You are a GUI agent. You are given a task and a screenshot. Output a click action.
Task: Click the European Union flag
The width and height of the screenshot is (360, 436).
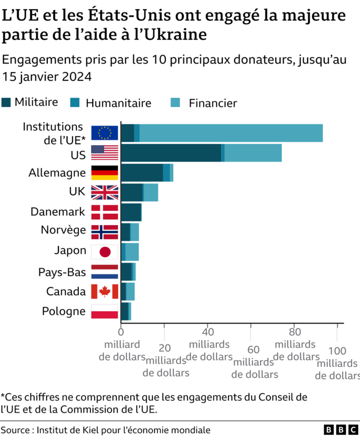(x=105, y=133)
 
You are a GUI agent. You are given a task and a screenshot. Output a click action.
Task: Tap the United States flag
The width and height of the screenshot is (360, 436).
(x=105, y=152)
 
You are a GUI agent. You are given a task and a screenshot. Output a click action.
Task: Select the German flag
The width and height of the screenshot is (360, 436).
(x=105, y=173)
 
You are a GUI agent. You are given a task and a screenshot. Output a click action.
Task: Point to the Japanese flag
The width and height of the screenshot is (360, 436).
(x=105, y=251)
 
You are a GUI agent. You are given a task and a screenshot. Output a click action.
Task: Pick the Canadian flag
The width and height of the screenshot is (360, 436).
(x=105, y=291)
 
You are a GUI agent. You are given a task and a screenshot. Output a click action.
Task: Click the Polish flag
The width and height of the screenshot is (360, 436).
(x=105, y=311)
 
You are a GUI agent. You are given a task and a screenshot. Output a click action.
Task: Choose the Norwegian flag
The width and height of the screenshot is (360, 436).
(x=105, y=232)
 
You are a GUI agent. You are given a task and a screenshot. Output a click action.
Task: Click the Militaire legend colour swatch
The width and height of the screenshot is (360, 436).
(x=7, y=102)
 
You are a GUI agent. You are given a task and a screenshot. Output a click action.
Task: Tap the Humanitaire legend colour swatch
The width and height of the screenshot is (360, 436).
(x=74, y=102)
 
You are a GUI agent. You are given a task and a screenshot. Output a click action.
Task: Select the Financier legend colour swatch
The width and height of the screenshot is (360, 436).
(x=175, y=102)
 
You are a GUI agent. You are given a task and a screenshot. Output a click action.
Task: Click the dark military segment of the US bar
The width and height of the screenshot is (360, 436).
(x=170, y=152)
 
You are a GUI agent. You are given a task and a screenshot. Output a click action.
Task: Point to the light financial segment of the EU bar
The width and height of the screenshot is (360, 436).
(x=231, y=133)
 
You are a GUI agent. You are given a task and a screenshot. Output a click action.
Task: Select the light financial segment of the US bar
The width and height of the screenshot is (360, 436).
(x=253, y=152)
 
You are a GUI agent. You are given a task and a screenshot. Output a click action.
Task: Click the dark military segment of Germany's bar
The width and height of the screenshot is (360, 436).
(x=142, y=173)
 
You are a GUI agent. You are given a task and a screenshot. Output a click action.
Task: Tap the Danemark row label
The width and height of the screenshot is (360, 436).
(x=57, y=212)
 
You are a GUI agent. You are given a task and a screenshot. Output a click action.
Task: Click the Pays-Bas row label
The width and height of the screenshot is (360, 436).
(x=62, y=272)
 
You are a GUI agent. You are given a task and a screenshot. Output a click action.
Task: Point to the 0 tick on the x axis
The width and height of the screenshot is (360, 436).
(x=120, y=332)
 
